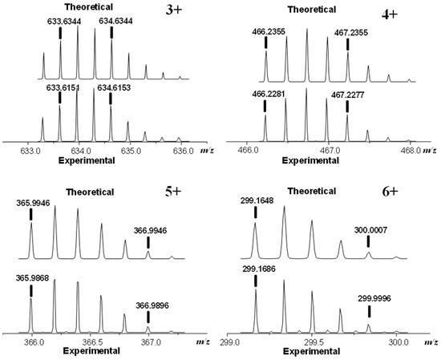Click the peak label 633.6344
coord(61,23)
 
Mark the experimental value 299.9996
coord(368,298)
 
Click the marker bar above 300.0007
coord(369,241)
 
